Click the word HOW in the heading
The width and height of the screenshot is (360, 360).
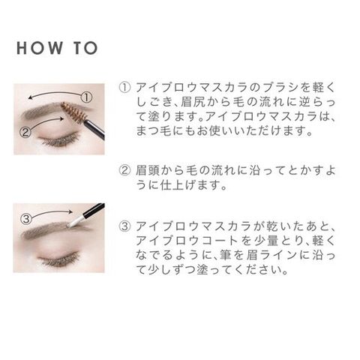point(40,48)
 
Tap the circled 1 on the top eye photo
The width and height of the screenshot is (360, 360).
point(87,97)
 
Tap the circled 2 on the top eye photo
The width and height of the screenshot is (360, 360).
point(25,132)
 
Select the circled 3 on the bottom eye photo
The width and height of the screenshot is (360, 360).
point(26,219)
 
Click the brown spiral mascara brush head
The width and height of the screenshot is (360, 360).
point(73,112)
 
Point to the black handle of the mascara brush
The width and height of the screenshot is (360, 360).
point(94,130)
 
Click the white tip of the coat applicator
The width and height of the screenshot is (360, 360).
point(73,222)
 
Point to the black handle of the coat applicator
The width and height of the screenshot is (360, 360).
point(92,211)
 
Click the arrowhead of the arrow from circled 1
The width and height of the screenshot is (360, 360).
point(30,97)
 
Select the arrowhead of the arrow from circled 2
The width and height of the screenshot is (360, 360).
point(61,118)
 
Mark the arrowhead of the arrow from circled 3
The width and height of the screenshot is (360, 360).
point(70,212)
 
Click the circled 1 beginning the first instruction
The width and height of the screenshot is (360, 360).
point(124,88)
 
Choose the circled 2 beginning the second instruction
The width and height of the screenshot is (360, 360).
point(124,170)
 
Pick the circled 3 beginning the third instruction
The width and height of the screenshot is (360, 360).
point(124,226)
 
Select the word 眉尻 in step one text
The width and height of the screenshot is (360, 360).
point(193,102)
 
